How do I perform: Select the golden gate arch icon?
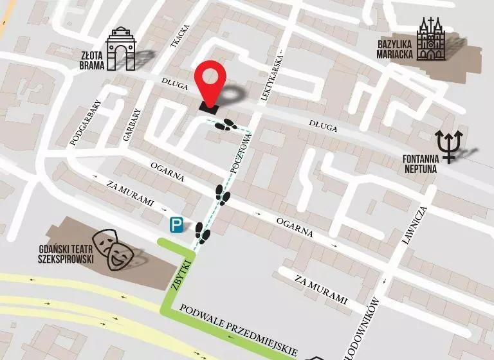[x=121, y=49]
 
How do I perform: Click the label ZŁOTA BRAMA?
[x=92, y=59]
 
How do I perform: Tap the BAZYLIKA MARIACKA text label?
[x=395, y=50]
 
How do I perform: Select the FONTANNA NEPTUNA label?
[x=419, y=163]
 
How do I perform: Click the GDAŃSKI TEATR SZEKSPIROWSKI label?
[x=66, y=254]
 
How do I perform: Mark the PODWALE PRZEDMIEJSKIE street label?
[x=238, y=329]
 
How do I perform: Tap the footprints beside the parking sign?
[x=201, y=233]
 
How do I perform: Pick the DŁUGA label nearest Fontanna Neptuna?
[x=322, y=128]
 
